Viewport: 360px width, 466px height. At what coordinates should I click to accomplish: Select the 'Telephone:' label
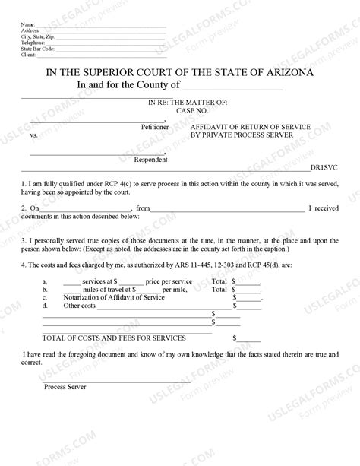coord(33,43)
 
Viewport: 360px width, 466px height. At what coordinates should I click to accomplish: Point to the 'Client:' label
coord(30,55)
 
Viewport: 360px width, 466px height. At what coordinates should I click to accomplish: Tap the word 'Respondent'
coord(151,160)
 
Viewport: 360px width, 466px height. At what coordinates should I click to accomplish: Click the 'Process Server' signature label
coord(65,387)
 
